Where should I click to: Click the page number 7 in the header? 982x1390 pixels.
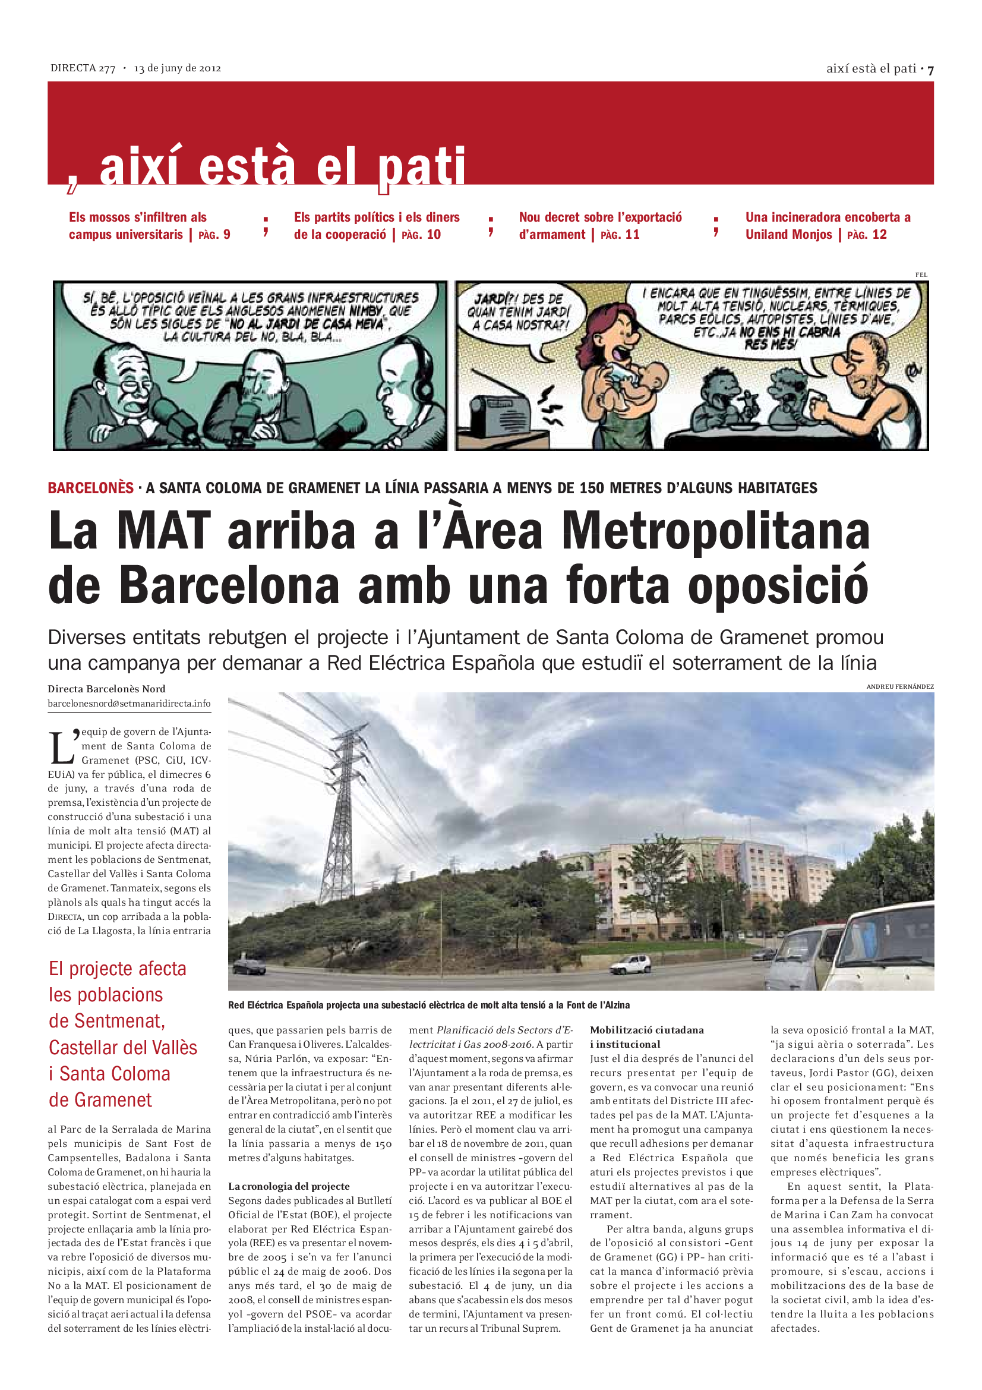(930, 70)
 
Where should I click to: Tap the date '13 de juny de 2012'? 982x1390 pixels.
(177, 68)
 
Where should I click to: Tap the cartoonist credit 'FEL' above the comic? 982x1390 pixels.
(921, 275)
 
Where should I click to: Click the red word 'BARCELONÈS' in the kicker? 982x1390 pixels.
(91, 488)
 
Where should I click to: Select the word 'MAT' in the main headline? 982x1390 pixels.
(163, 531)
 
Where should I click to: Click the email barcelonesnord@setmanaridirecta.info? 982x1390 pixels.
(129, 704)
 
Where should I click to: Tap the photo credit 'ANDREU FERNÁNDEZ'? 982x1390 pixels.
(899, 686)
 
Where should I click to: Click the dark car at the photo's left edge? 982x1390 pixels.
(249, 966)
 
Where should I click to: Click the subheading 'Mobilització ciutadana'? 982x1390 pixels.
(647, 1030)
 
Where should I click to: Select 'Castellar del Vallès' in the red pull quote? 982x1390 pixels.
(123, 1047)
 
